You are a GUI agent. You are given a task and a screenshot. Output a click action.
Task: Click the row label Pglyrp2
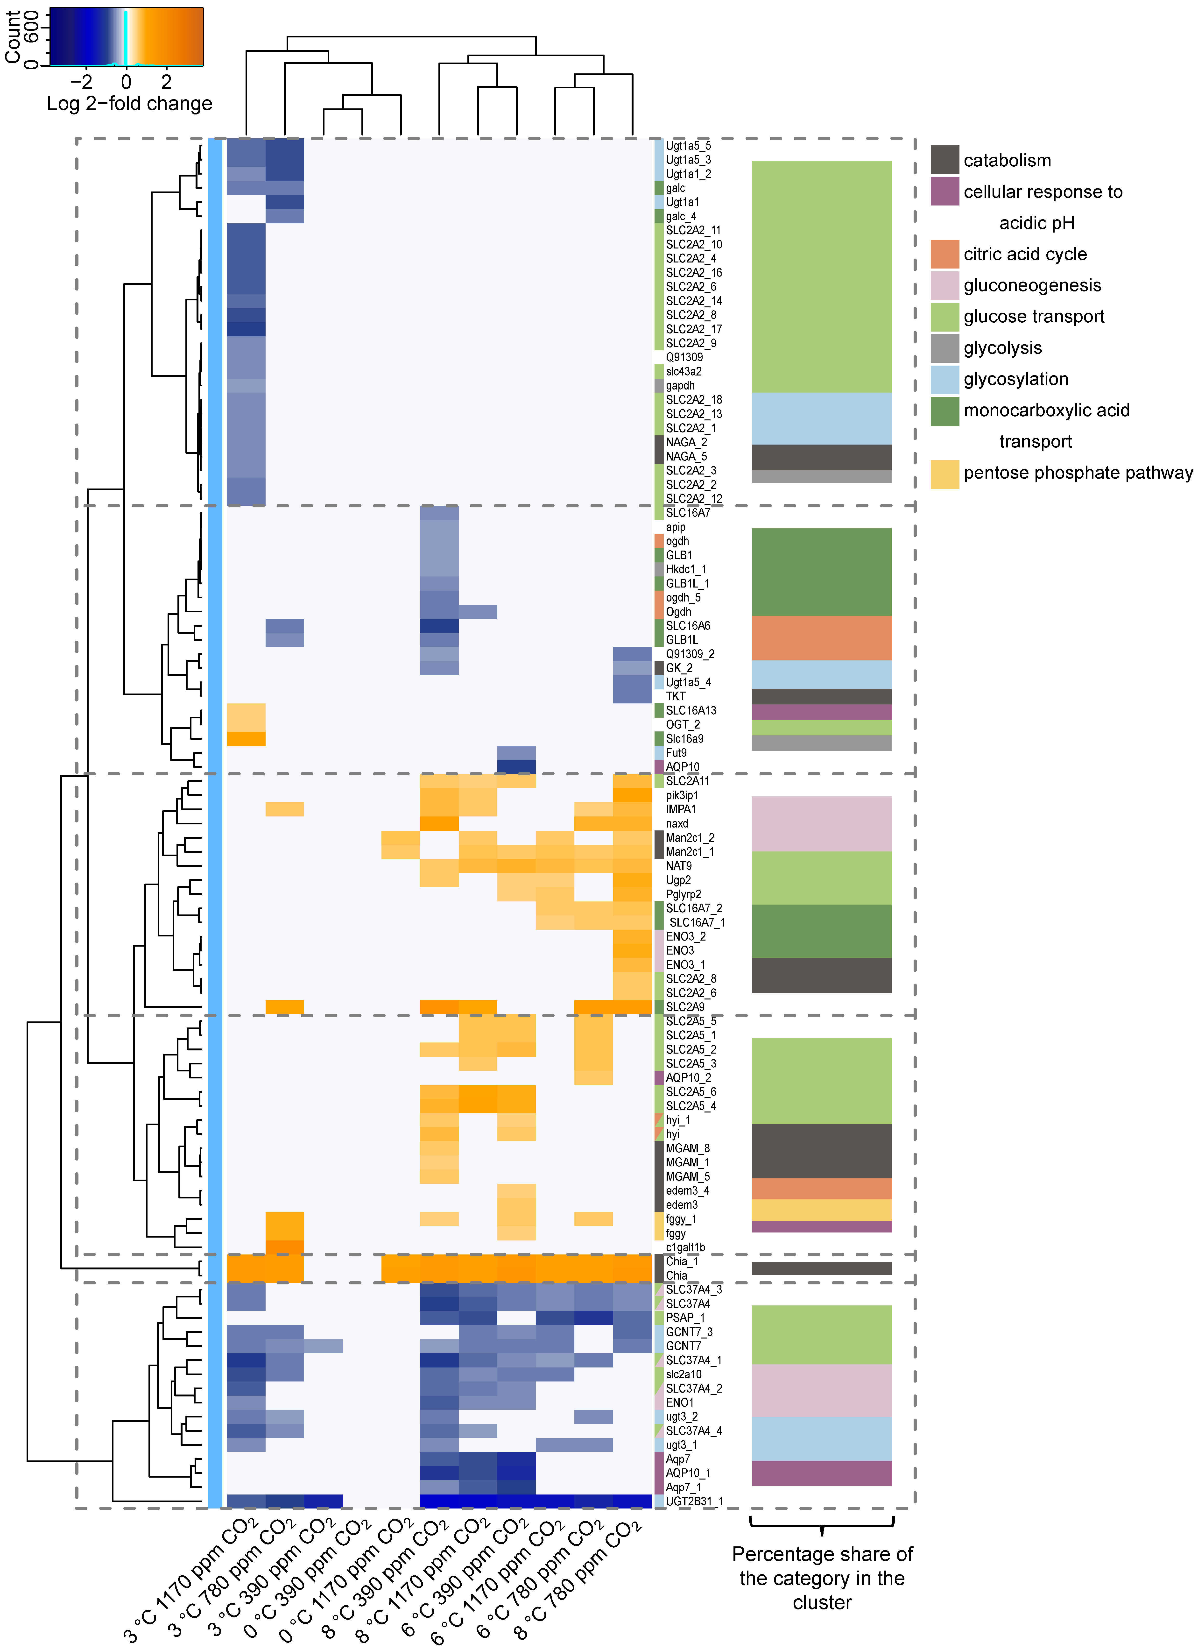(x=684, y=894)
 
